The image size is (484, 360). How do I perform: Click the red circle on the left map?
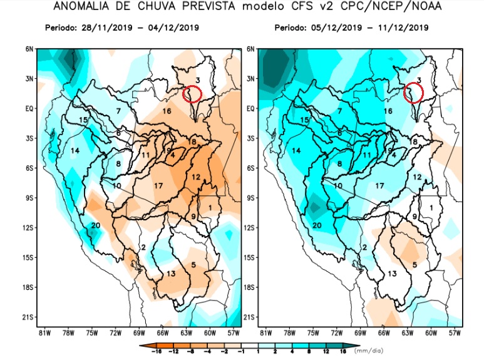coord(193,94)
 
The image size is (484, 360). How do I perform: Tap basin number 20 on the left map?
coord(96,226)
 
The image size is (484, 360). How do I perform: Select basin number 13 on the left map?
coord(170,274)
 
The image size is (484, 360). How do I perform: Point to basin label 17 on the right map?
coord(380,186)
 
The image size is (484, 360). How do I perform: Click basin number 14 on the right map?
coord(296,150)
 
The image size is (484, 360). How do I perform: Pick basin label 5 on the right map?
coord(414,265)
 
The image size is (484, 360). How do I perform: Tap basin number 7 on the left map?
coord(118,111)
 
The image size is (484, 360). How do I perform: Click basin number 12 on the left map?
coord(196,177)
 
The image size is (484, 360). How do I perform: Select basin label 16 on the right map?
coord(388,111)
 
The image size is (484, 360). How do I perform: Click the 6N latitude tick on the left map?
coord(28,49)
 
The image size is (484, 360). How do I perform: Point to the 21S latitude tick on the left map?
coord(28,317)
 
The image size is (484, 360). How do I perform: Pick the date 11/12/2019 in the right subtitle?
coord(406,28)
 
